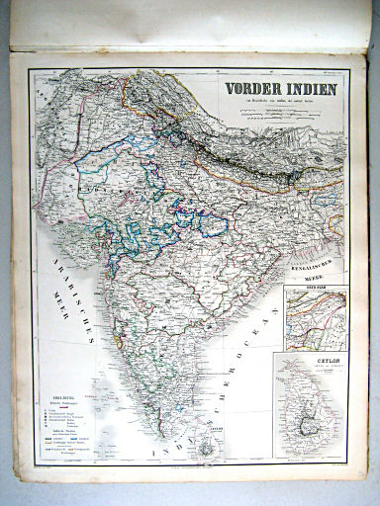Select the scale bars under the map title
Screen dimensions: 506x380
pos(279,112)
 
